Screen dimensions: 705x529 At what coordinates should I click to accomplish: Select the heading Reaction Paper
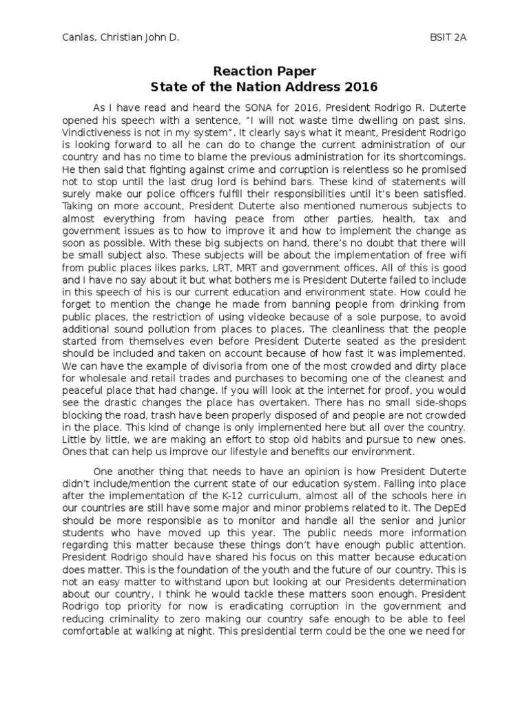264,71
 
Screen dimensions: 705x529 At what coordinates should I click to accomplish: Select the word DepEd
453,508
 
